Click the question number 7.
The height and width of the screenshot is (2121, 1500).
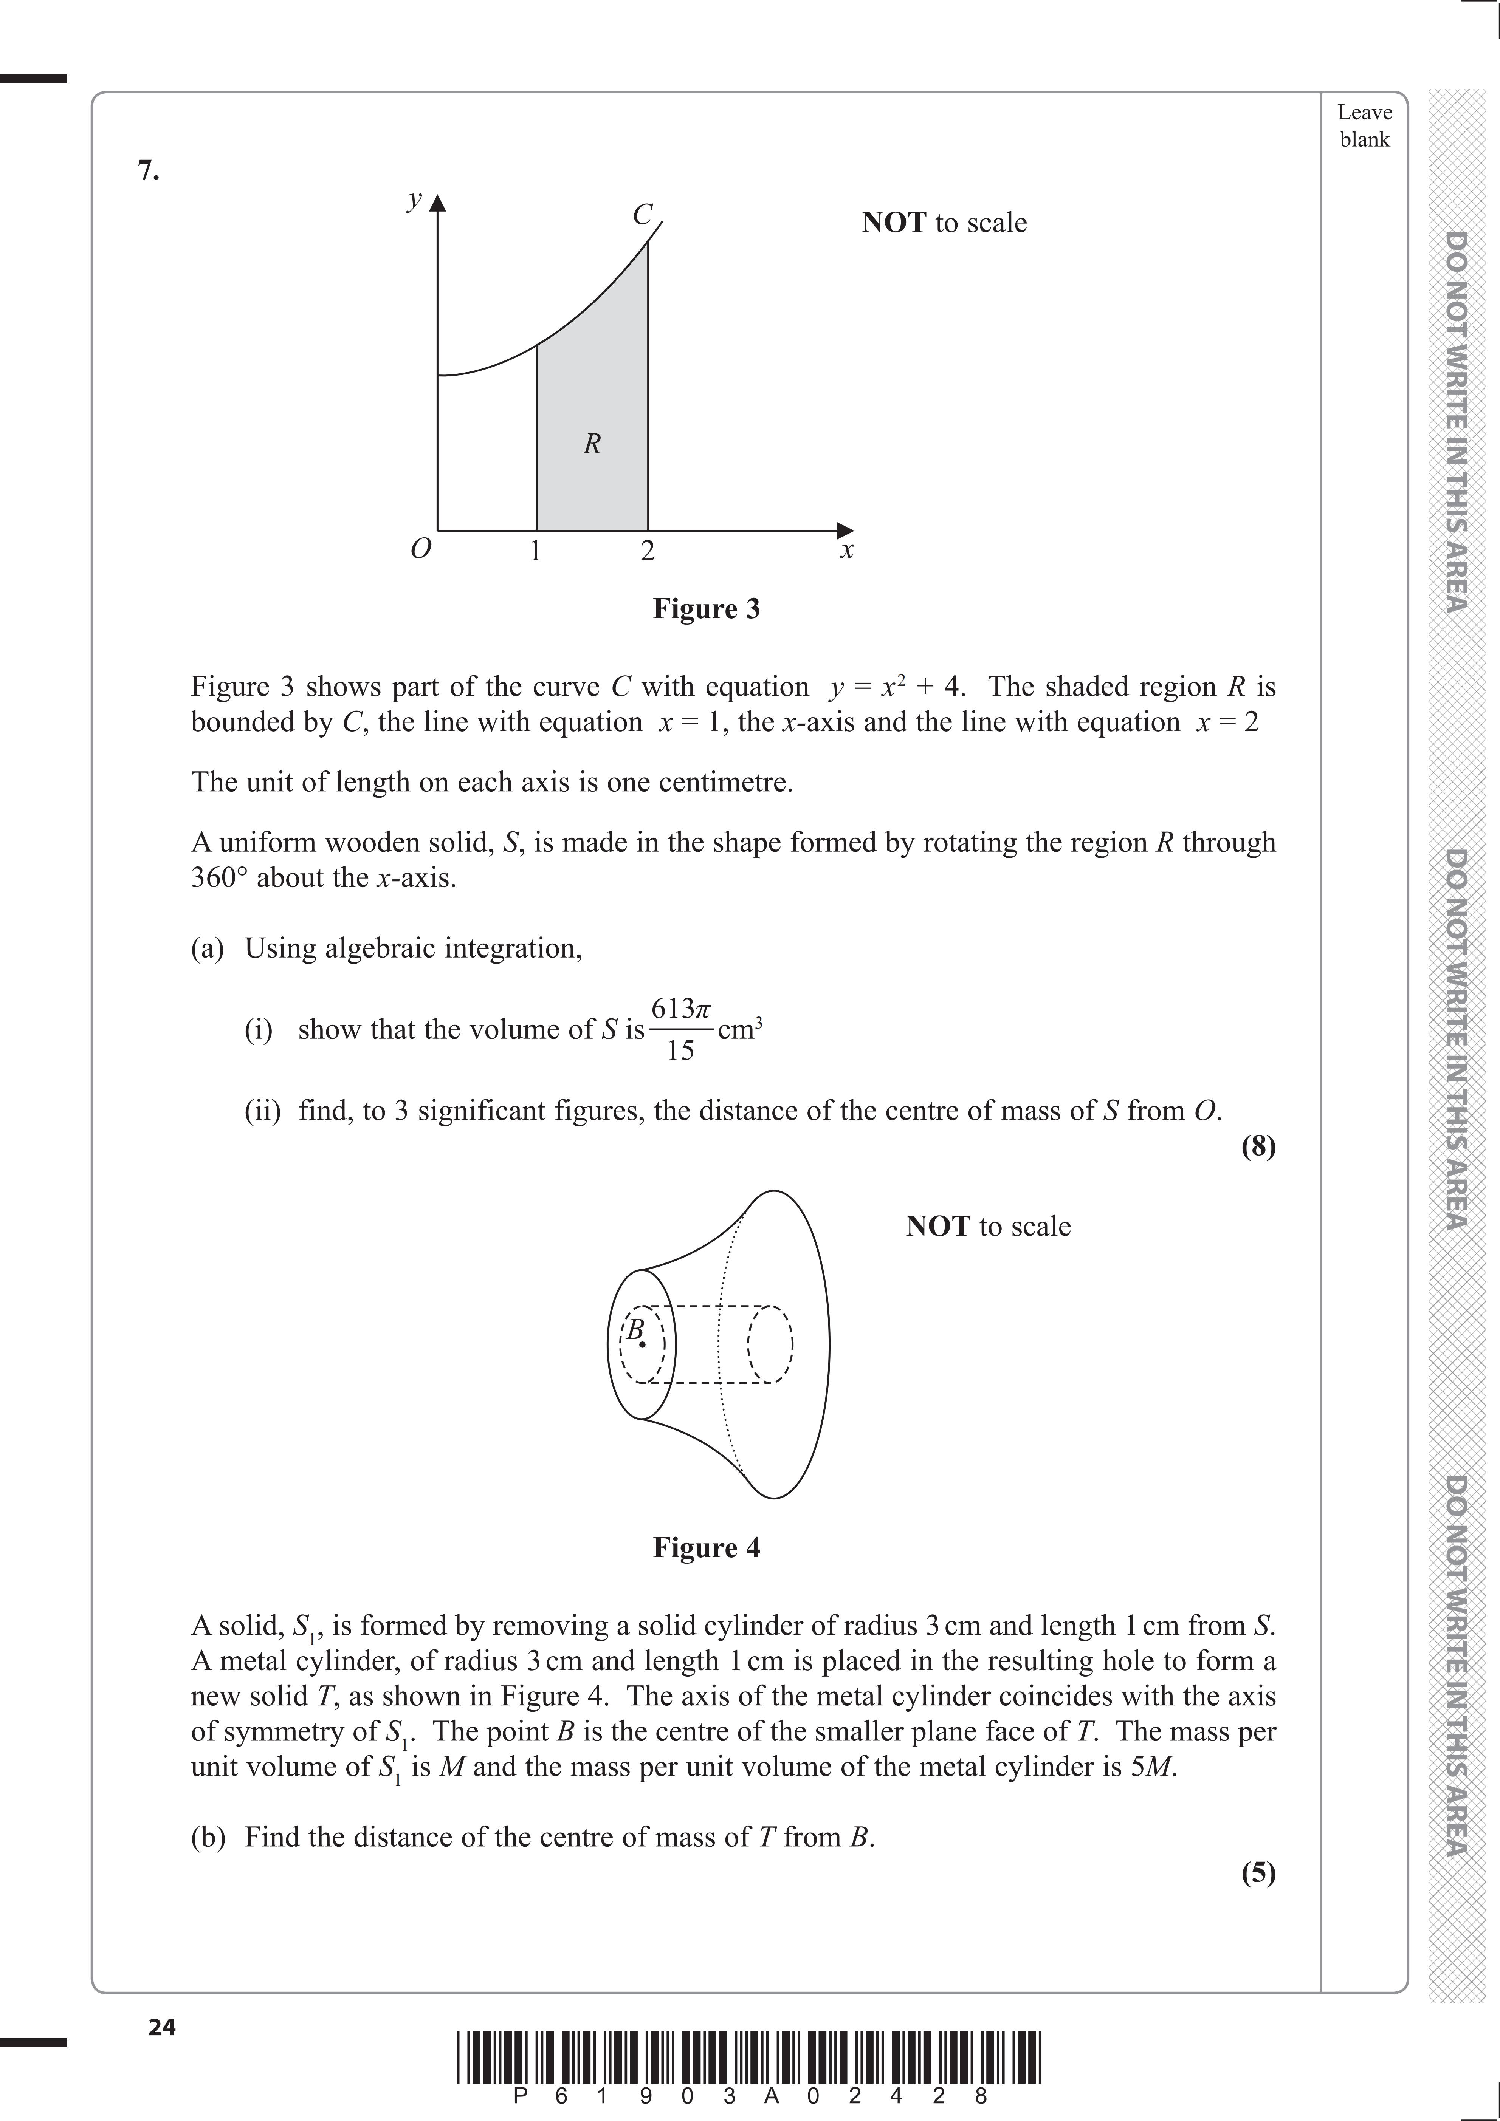[x=148, y=171]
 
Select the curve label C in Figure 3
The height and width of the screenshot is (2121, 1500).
[x=642, y=214]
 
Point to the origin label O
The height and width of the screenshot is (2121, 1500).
[x=420, y=550]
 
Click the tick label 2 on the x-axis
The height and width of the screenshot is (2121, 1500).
[x=647, y=551]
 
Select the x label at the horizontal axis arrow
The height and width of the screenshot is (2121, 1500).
[x=846, y=551]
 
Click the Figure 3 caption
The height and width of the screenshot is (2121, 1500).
[x=706, y=609]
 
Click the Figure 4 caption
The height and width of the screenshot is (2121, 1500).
[x=706, y=1547]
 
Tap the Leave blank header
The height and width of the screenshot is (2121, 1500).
[x=1364, y=125]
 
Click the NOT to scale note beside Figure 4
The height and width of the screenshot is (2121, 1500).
[x=988, y=1226]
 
